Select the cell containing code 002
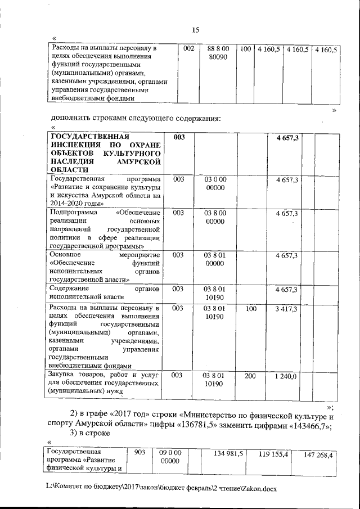click(189, 49)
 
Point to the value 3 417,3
click(286, 309)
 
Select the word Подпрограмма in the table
click(73, 213)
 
